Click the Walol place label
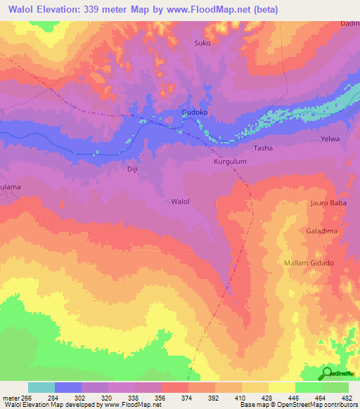[181, 201]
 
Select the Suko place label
[202, 43]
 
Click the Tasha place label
[263, 148]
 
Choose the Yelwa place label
[330, 139]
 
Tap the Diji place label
[133, 169]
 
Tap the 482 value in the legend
[346, 397]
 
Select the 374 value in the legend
[186, 397]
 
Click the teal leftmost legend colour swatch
[41, 387]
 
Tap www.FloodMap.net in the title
[213, 10]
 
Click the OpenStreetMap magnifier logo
[327, 373]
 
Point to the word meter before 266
[10, 397]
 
